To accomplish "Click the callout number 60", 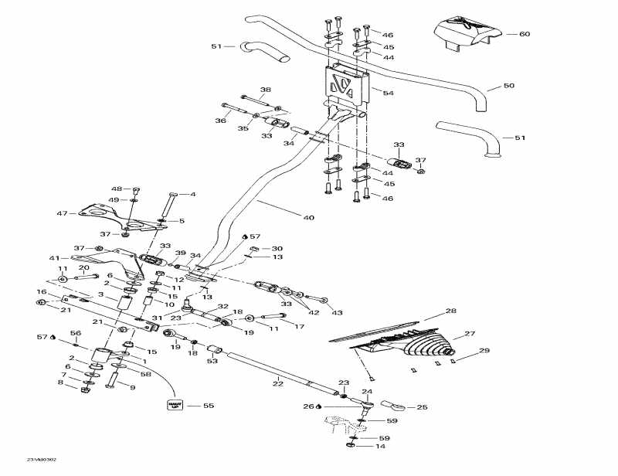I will pos(525,34).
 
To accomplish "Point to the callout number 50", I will pos(508,85).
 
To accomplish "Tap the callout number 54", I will pos(389,93).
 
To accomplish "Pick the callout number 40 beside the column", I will pos(309,218).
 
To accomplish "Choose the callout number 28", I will pos(451,311).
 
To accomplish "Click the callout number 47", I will pos(62,212).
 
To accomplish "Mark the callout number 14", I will pos(379,447).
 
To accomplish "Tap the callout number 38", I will pos(266,90).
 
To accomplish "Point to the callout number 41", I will pos(54,258).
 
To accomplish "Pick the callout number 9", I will pos(132,387).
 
